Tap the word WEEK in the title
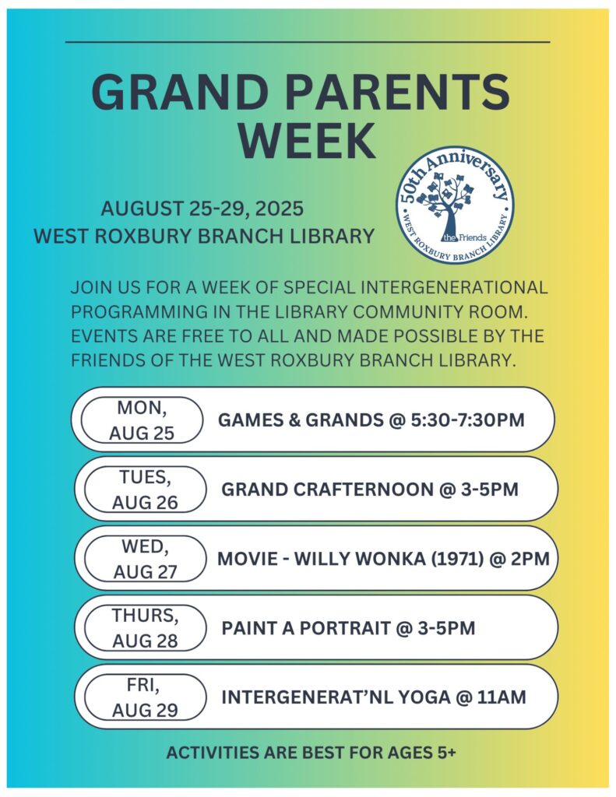(x=307, y=140)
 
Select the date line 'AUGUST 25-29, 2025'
(x=202, y=209)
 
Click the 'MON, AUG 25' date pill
(x=142, y=420)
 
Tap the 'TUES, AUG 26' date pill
(x=145, y=490)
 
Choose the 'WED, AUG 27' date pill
(x=145, y=559)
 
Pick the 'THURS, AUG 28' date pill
(x=145, y=628)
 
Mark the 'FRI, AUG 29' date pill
(x=145, y=697)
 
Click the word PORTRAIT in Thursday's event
(x=340, y=628)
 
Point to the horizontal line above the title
(x=308, y=42)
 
